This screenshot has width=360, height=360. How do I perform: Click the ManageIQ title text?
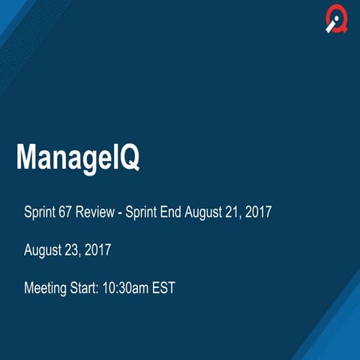coord(78,159)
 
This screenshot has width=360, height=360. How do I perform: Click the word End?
coord(178,212)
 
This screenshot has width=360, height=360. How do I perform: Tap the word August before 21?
coord(211,212)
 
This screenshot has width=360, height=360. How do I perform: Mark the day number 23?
coord(73,250)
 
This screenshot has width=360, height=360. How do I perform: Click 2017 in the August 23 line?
coord(97,250)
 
